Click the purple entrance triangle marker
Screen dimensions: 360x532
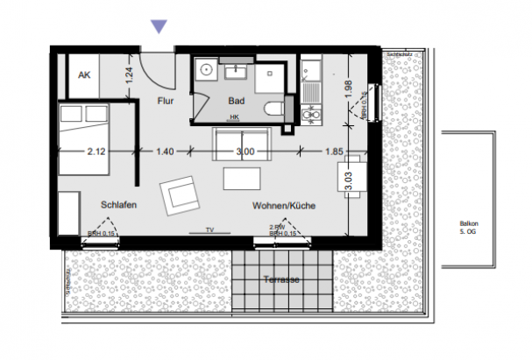coord(159,26)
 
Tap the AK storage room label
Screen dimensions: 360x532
coord(84,76)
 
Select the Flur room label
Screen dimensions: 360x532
coord(166,102)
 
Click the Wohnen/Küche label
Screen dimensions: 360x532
coord(283,206)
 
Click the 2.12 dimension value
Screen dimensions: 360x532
coord(96,152)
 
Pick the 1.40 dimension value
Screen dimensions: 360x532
coord(165,152)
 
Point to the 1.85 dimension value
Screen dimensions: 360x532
coord(333,152)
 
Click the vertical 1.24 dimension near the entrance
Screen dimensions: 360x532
coord(128,75)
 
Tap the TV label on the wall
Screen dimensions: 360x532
coord(209,229)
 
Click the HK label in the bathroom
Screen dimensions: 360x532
coord(234,116)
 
